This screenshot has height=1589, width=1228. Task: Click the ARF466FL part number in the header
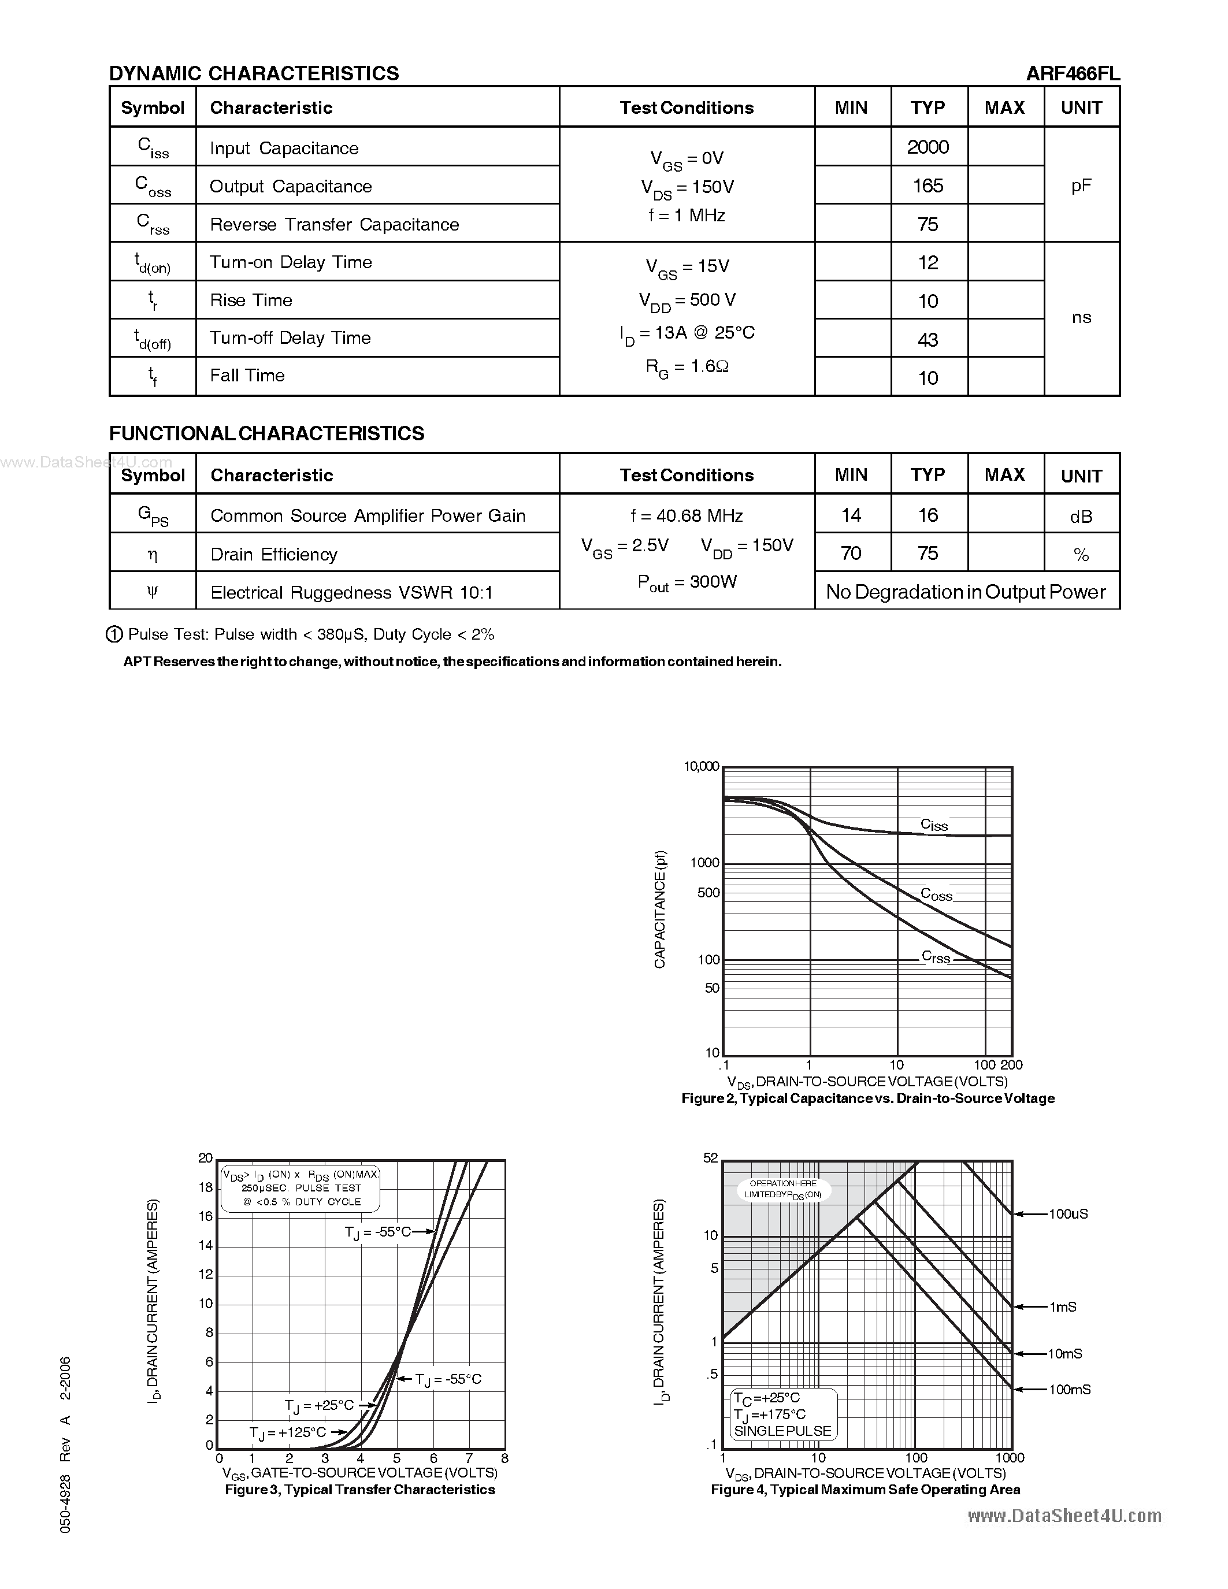1073,73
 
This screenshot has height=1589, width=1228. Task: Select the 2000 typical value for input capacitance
928,147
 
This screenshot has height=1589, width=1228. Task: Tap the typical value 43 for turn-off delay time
928,340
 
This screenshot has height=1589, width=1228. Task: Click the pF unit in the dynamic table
1081,185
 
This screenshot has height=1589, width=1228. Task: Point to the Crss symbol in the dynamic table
153,224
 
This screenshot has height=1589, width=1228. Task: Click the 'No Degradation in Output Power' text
966,592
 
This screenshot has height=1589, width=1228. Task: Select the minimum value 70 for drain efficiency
851,554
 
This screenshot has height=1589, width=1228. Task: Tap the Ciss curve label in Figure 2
934,825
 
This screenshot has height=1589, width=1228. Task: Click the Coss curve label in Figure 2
936,894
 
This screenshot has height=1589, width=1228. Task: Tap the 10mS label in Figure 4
1064,1353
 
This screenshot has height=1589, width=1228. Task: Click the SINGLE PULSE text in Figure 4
782,1431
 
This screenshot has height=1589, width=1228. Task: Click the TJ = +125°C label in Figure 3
287,1432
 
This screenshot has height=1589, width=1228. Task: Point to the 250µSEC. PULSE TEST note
301,1188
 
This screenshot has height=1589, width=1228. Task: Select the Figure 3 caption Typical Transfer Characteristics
359,1489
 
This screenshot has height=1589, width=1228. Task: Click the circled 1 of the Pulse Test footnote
114,634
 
